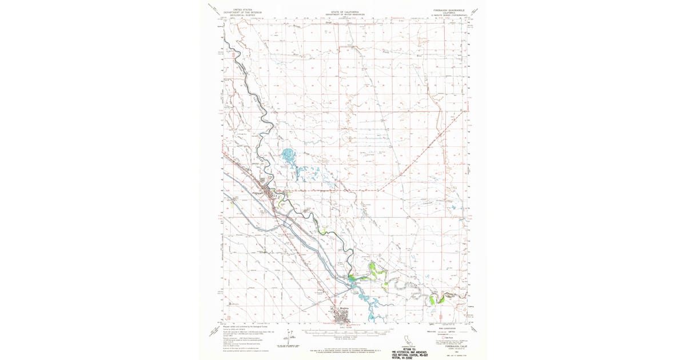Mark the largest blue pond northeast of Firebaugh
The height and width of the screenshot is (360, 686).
[x=288, y=154]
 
